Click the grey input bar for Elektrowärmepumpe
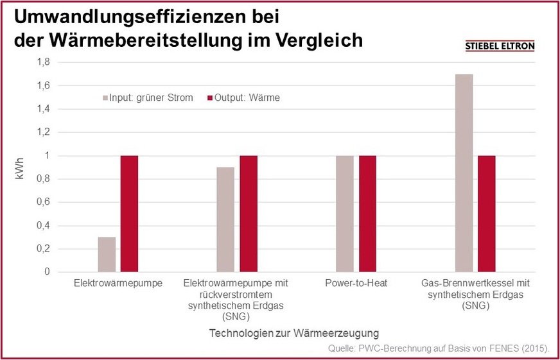[x=107, y=254]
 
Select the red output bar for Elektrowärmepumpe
[x=129, y=214]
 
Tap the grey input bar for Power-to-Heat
[x=345, y=214]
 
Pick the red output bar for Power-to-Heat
[x=367, y=214]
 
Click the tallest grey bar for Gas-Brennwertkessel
[x=464, y=173]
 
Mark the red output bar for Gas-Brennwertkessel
[x=486, y=214]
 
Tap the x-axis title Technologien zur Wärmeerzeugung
[x=294, y=333]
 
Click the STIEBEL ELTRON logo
[x=500, y=46]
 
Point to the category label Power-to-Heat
[x=356, y=282]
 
